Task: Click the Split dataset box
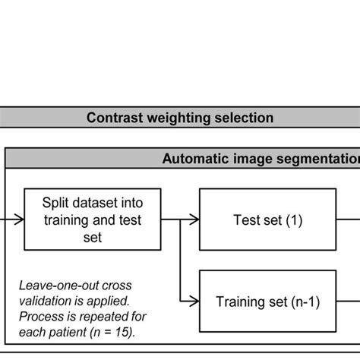point(92,219)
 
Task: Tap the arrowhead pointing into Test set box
point(194,219)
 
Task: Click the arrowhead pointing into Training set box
point(194,302)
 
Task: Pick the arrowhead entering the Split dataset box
point(20,219)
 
